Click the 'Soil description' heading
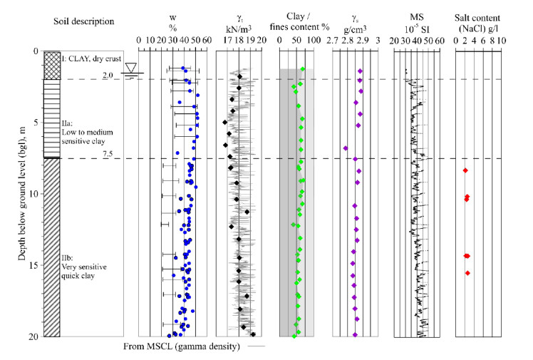(x=84, y=21)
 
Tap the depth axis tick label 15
(x=36, y=265)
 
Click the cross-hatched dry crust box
(x=52, y=65)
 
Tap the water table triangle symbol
(x=130, y=68)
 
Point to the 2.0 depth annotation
(x=108, y=75)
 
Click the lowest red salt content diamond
(x=467, y=273)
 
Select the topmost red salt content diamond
(x=465, y=170)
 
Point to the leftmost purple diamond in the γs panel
(x=346, y=148)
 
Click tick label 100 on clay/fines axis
(x=314, y=41)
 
